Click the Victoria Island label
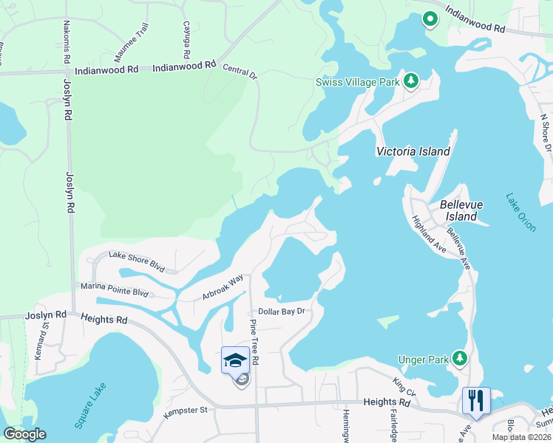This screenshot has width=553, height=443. click(413, 151)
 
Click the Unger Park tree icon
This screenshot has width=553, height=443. click(460, 358)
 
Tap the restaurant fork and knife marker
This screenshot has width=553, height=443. click(475, 401)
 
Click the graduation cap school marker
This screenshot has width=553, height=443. click(235, 360)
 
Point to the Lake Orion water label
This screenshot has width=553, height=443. click(520, 213)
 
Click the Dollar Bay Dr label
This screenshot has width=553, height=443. click(281, 312)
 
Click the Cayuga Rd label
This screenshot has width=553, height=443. click(186, 39)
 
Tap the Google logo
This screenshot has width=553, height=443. click(24, 434)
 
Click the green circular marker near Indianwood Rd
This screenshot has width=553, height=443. click(428, 19)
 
